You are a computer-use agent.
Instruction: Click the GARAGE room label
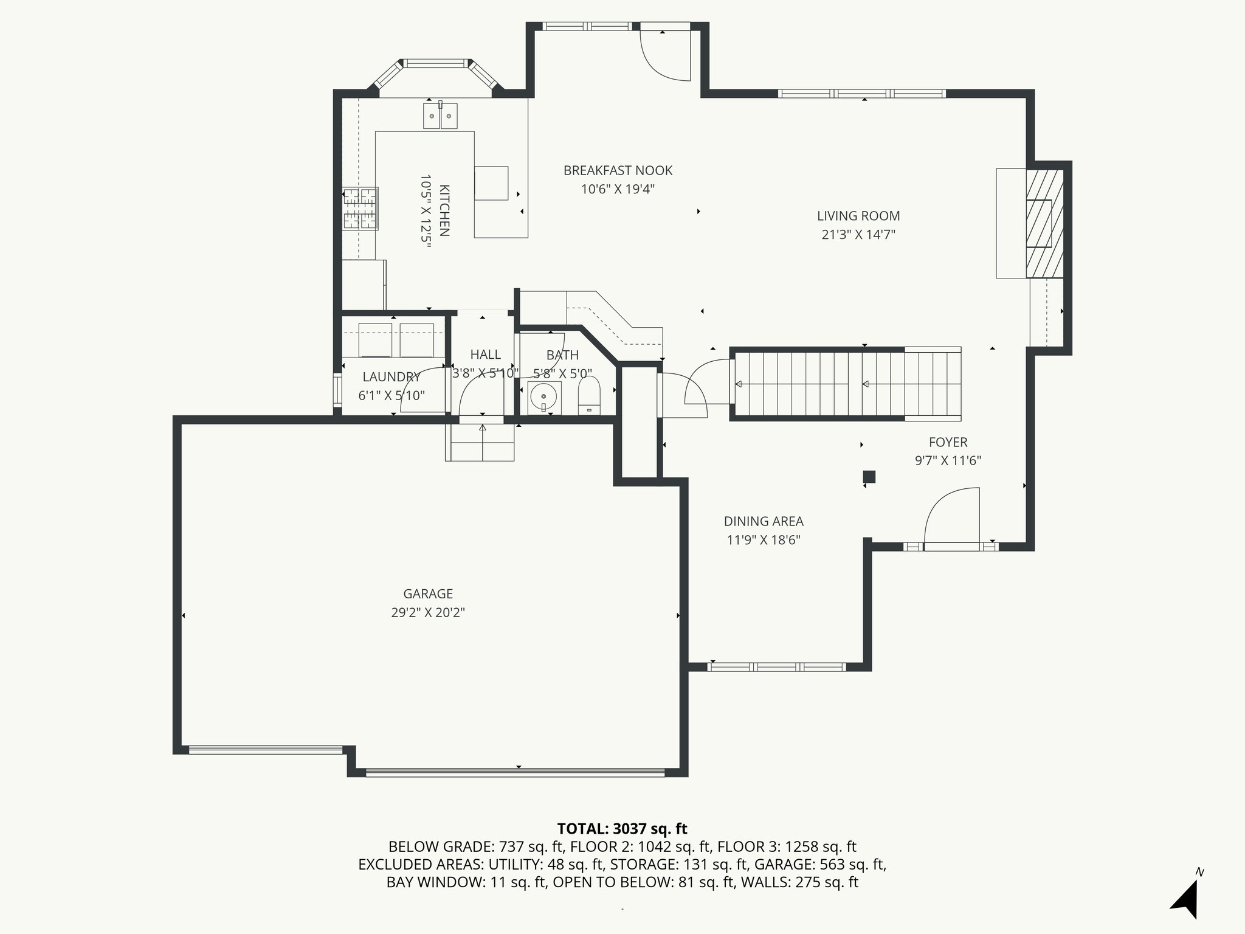428,593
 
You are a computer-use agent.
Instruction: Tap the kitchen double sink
440,116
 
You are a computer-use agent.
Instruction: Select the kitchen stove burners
360,209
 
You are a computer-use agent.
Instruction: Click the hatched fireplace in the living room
1044,223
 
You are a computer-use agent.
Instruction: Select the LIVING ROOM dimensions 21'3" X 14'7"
858,235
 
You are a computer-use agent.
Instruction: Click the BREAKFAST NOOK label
618,171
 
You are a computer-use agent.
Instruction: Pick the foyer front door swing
952,514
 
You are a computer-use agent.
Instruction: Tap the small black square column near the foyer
869,477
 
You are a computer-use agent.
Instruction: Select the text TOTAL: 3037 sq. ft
622,829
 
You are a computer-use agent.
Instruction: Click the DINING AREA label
764,521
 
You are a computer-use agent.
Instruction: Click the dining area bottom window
776,667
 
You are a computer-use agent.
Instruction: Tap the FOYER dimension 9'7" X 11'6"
948,461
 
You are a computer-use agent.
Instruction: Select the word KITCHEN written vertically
444,210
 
